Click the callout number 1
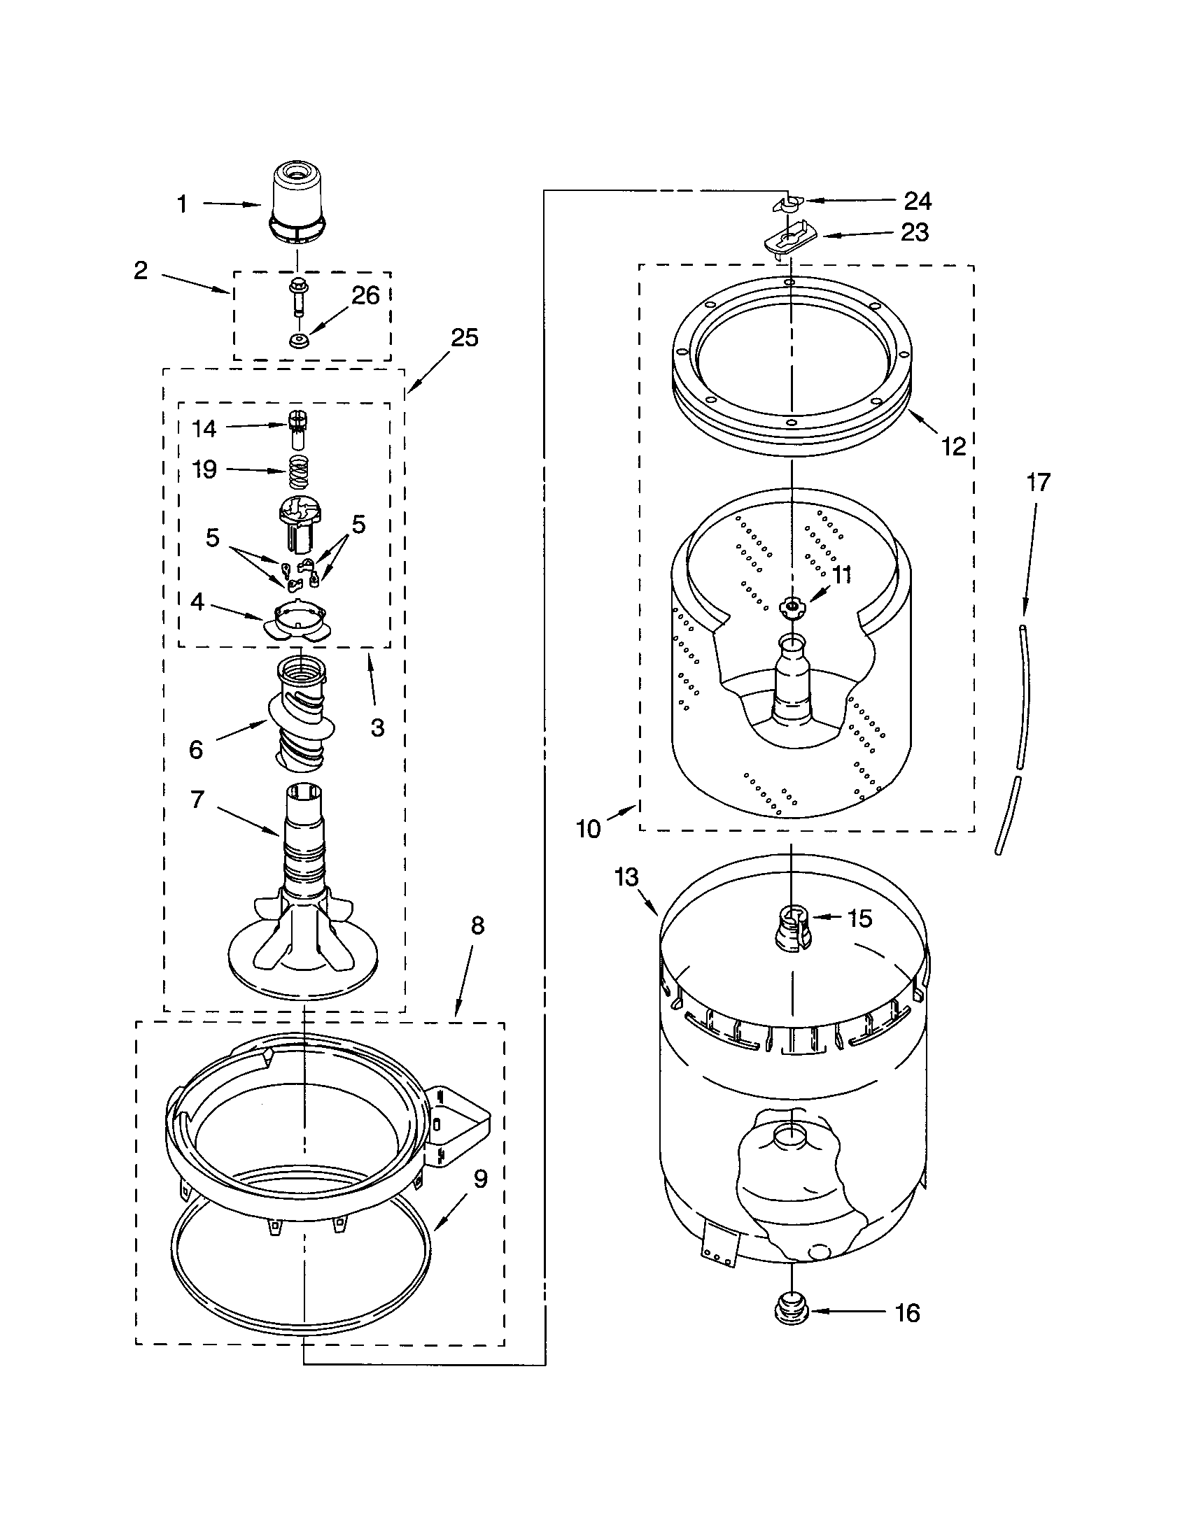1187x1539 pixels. (x=183, y=204)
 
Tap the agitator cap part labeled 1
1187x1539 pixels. (x=297, y=202)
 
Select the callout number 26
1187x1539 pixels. (x=365, y=296)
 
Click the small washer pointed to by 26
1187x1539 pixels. (x=299, y=343)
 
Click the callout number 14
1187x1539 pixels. (x=204, y=428)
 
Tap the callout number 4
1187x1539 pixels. (x=198, y=602)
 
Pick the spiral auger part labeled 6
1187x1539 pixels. (x=302, y=723)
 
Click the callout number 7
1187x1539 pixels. (x=197, y=799)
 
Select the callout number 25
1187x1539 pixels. (x=465, y=338)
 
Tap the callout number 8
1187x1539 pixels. (x=477, y=925)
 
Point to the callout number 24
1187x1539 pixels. (x=918, y=201)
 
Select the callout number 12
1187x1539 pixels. (x=954, y=446)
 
